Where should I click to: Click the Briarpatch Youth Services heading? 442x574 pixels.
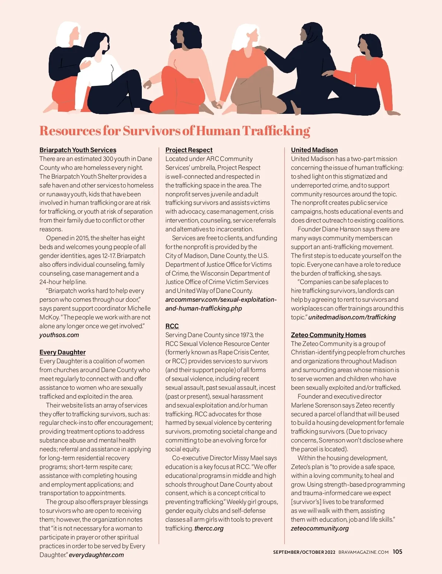point(78,150)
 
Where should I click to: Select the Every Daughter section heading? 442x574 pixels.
point(63,352)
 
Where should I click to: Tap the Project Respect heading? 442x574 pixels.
point(189,150)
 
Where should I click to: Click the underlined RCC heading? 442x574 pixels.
point(172,326)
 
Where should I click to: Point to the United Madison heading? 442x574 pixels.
point(314,150)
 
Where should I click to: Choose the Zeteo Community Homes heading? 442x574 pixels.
point(329,335)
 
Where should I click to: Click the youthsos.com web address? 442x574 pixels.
point(59,335)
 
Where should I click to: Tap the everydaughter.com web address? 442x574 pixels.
point(97,555)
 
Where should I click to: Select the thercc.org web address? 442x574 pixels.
point(209,528)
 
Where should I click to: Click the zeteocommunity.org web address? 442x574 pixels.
point(320,528)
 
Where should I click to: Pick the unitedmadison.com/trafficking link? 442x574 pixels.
point(352,317)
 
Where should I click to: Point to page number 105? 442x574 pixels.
point(397,552)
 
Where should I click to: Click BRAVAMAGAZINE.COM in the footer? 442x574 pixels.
point(364,552)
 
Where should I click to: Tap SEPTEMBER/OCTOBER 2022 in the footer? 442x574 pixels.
point(304,552)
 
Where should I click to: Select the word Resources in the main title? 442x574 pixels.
point(70,131)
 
